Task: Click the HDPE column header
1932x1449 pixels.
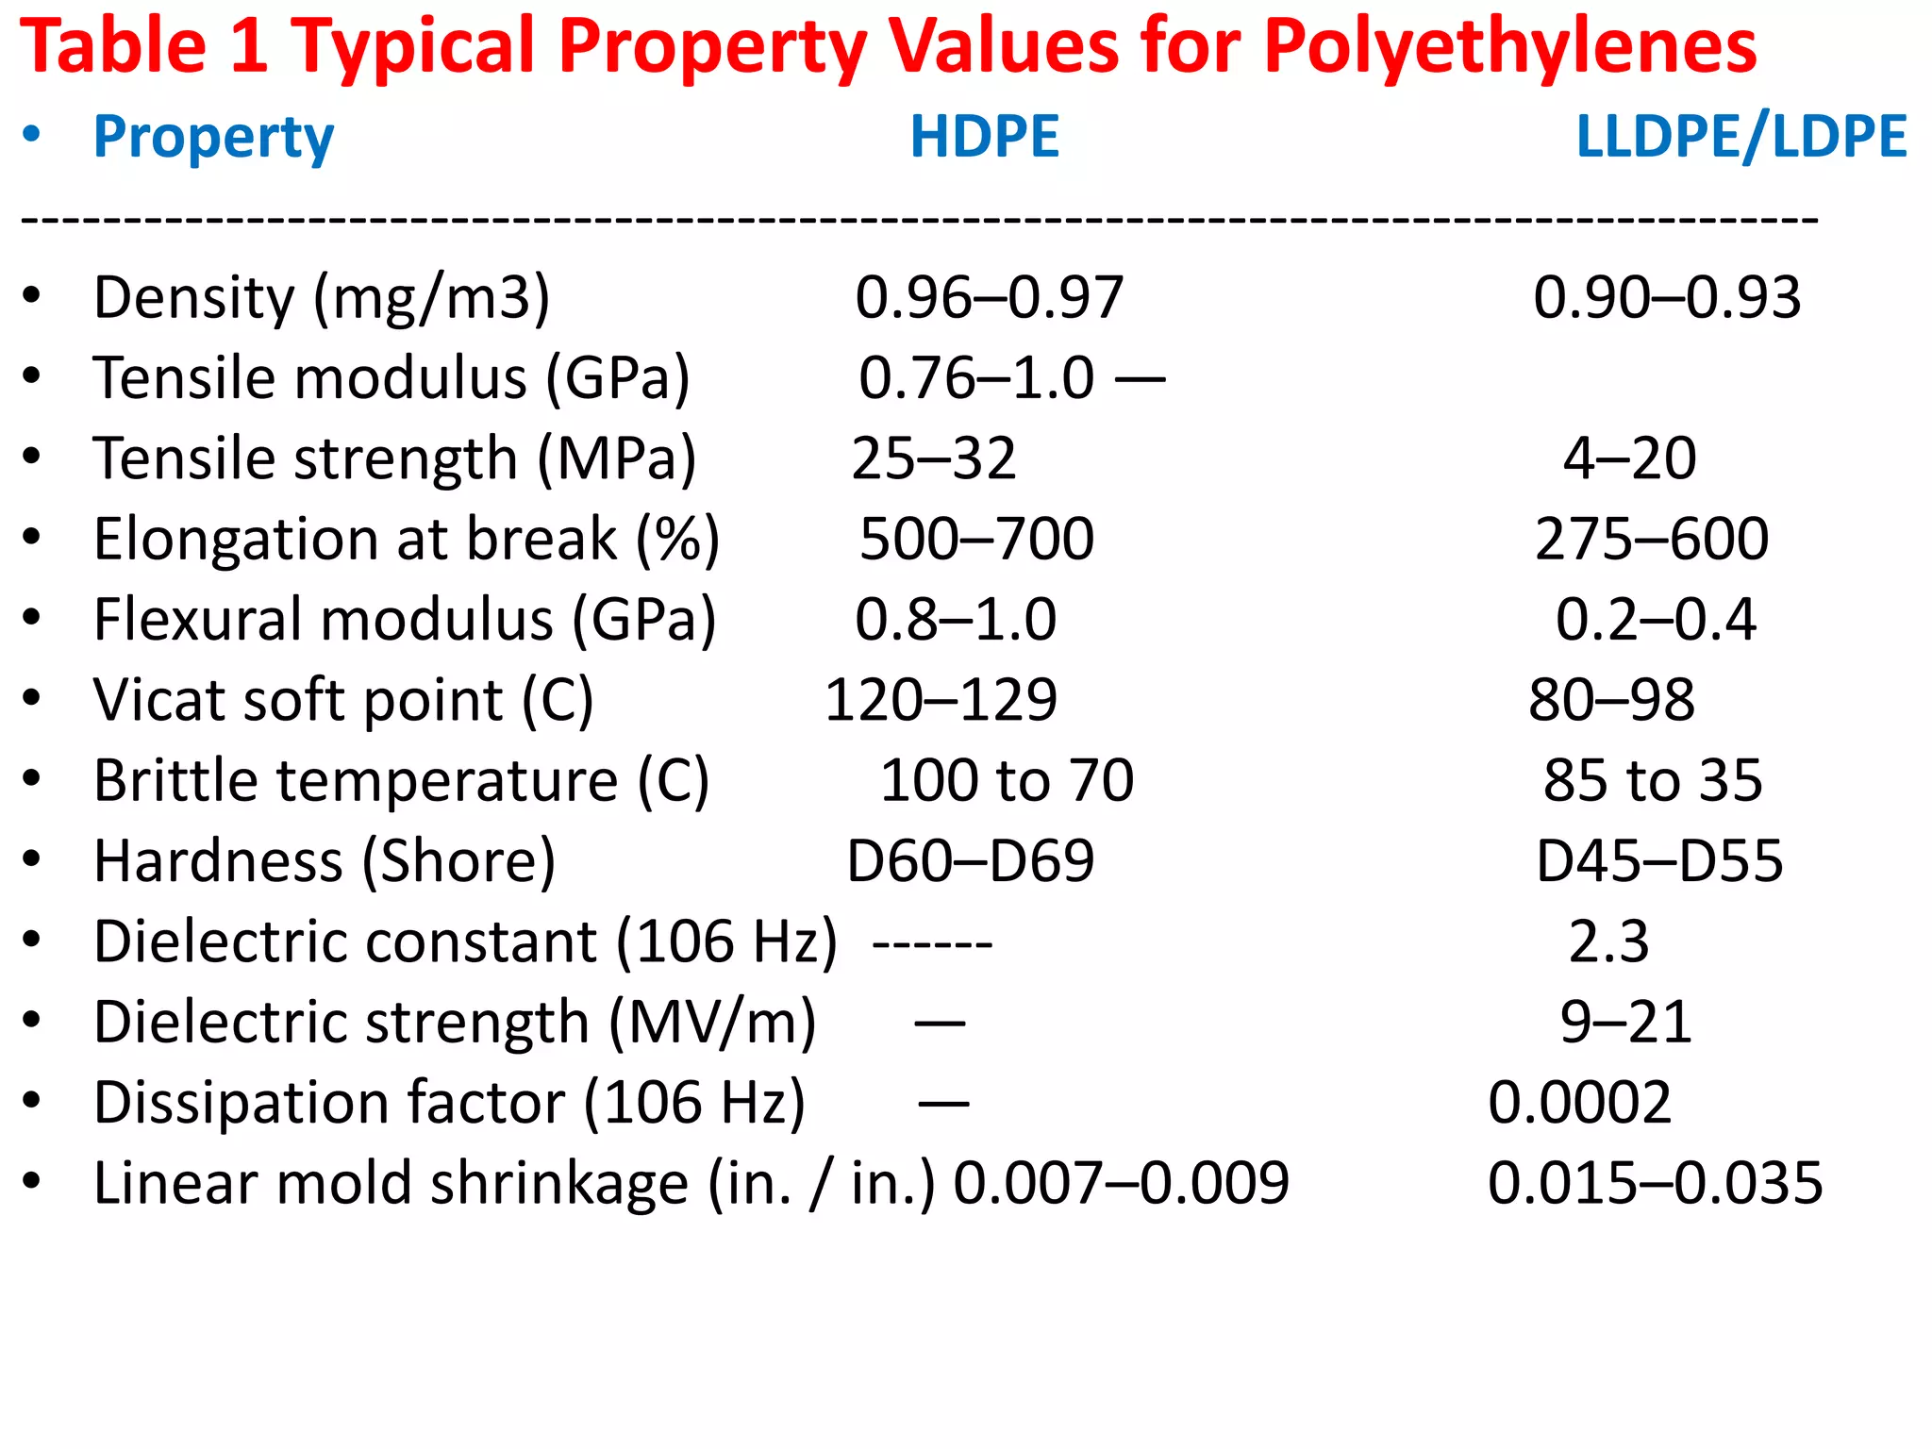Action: tap(984, 137)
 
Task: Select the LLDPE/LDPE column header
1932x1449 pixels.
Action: tap(1741, 137)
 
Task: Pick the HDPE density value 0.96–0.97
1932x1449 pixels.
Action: tap(989, 297)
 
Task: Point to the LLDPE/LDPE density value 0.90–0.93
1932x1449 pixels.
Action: tap(1667, 297)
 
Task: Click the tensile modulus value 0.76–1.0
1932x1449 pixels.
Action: tap(976, 378)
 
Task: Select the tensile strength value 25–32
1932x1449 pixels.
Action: tap(934, 458)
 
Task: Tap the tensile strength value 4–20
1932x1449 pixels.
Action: tap(1629, 458)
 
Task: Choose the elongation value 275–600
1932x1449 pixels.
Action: tap(1652, 539)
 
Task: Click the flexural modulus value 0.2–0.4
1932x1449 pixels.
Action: tap(1656, 620)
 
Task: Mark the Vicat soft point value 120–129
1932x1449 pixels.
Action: tap(941, 700)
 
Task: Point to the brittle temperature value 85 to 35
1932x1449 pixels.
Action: tap(1653, 780)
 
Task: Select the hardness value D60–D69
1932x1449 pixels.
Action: tap(970, 861)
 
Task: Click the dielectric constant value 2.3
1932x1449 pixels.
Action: tap(1608, 941)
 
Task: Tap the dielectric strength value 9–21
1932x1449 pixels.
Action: tap(1625, 1022)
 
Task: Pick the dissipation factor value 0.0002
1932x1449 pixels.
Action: tap(1579, 1102)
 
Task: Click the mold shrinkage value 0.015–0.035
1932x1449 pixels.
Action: tap(1655, 1183)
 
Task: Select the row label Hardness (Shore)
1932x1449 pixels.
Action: tap(325, 861)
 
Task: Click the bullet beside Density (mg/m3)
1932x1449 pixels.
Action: tap(32, 296)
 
